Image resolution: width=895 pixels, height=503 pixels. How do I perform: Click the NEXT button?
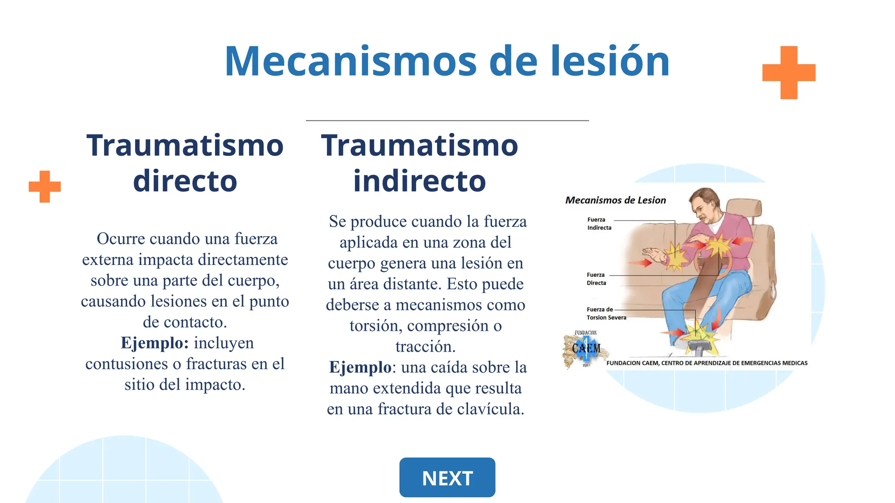click(447, 477)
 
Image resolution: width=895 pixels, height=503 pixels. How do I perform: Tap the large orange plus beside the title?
click(789, 72)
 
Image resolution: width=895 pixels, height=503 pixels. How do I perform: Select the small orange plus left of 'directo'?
click(45, 186)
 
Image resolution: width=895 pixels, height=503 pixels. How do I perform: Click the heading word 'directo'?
click(185, 181)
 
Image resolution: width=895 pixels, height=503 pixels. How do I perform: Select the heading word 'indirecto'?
click(420, 181)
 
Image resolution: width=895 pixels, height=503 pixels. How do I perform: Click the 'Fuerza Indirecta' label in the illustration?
click(599, 224)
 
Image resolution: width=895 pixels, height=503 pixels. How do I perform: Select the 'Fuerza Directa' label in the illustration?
click(596, 279)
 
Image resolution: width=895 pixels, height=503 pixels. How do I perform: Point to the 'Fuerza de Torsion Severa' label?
click(606, 314)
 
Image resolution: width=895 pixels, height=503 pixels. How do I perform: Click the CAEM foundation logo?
click(586, 348)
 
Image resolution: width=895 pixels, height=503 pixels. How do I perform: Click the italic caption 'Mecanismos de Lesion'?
click(615, 200)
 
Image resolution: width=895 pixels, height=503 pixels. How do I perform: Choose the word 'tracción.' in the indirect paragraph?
click(425, 346)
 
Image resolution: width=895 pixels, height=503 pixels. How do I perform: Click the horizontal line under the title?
click(447, 120)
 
